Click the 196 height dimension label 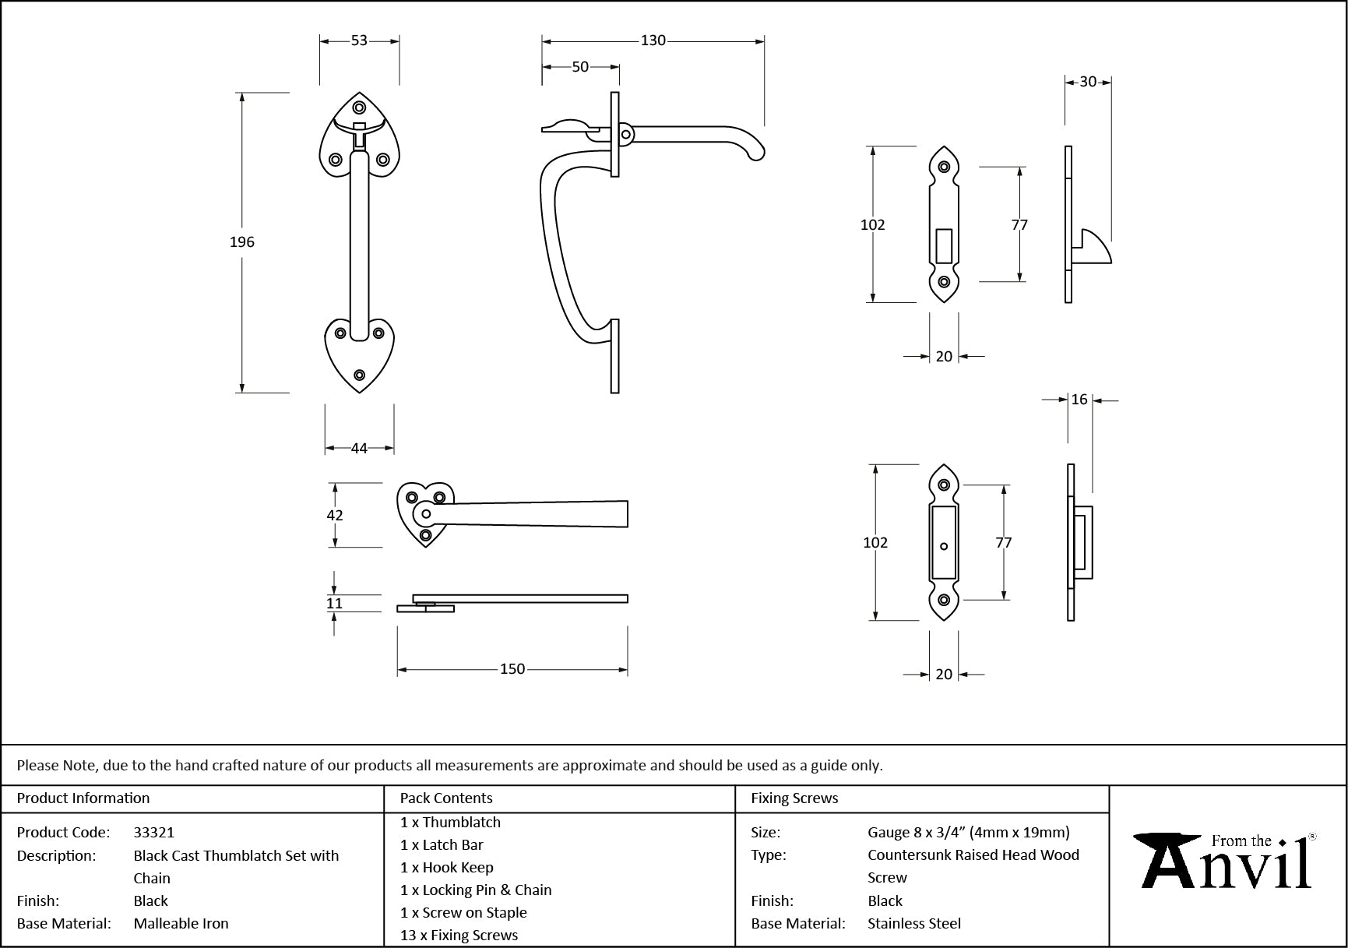(x=242, y=242)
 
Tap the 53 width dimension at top (x=359, y=41)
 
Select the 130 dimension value (x=653, y=41)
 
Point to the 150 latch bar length (x=512, y=669)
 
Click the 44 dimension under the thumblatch (x=359, y=449)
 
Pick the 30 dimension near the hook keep (x=1088, y=82)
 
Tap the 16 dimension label (x=1079, y=400)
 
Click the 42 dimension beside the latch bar (x=335, y=515)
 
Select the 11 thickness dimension (x=335, y=603)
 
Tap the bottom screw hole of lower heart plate (x=359, y=375)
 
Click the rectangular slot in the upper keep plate (x=944, y=245)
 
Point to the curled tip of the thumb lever (x=755, y=154)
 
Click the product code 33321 (x=154, y=833)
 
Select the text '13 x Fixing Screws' (x=459, y=936)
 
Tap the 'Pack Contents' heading (x=446, y=798)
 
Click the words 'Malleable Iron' (x=181, y=924)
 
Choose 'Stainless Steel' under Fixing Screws (x=914, y=924)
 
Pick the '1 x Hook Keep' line (x=446, y=868)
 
